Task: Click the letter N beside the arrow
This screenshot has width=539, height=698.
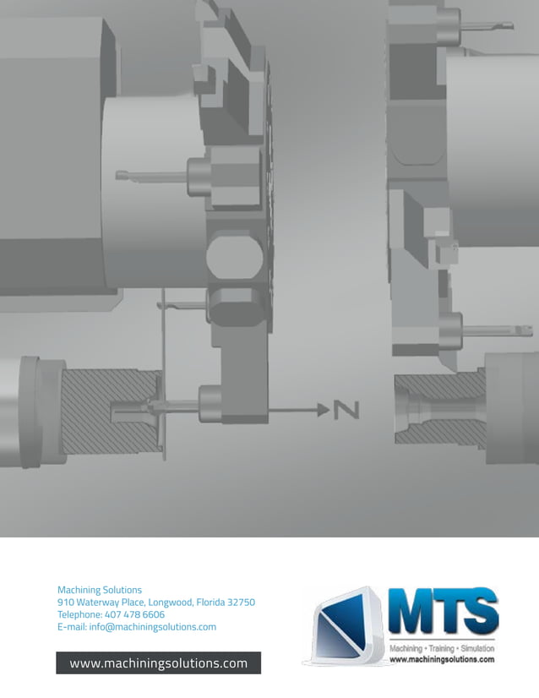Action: (346, 410)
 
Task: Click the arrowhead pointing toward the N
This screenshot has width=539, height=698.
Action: (323, 410)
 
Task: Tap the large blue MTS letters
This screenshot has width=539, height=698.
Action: (442, 612)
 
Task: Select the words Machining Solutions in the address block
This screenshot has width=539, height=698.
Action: (100, 590)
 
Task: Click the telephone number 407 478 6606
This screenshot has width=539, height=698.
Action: (136, 614)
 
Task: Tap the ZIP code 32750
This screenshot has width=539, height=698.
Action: (239, 603)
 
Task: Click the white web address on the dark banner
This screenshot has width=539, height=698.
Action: (159, 663)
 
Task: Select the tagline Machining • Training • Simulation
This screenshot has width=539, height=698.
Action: (441, 647)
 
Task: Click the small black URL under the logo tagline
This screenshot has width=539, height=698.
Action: (441, 659)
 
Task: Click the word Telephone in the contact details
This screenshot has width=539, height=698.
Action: (80, 614)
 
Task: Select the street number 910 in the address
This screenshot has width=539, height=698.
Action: (66, 603)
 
